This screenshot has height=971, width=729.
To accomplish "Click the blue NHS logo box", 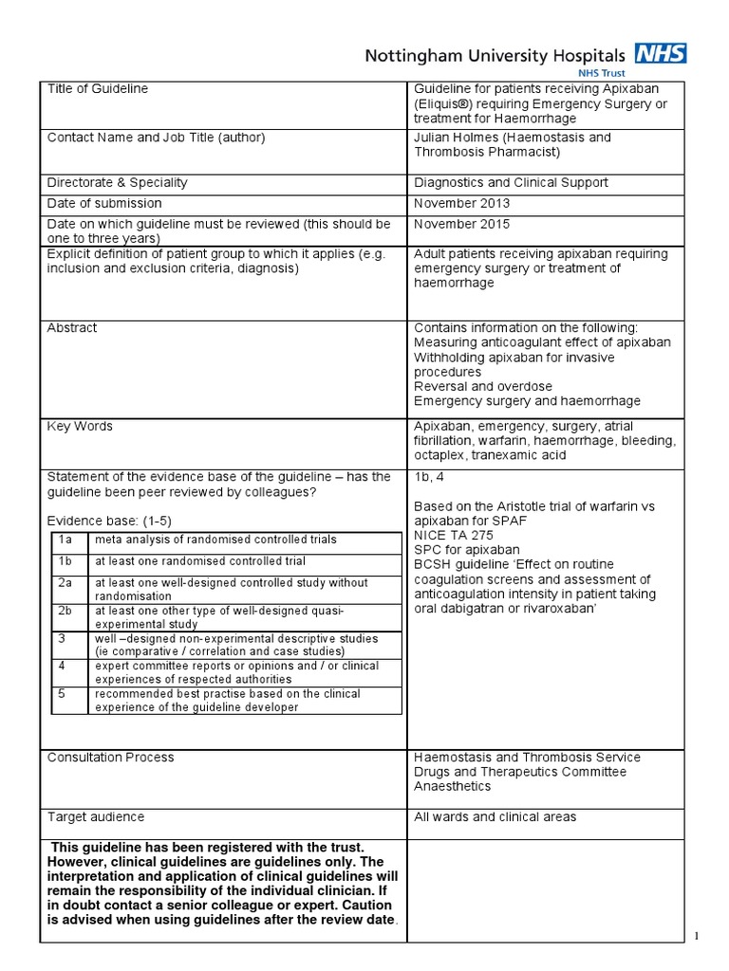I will (x=663, y=53).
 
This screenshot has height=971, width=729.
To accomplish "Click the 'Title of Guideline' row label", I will (x=98, y=89).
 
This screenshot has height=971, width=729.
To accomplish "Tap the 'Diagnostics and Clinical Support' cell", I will (x=511, y=182).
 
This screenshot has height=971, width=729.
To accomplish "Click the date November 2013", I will (x=461, y=203).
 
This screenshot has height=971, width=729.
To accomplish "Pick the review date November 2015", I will (x=461, y=224).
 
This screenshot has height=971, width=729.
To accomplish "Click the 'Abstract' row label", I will (x=72, y=328).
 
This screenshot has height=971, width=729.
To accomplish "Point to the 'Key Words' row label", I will (x=80, y=427).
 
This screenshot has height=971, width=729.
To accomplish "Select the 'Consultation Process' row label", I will (x=111, y=758).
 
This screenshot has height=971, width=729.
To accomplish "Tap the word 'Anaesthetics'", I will (x=453, y=786).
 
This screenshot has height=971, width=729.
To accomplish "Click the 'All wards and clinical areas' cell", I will (x=495, y=816).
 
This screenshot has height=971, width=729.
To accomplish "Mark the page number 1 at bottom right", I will (x=697, y=937).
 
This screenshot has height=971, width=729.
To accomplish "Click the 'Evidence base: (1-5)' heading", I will (x=110, y=521).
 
